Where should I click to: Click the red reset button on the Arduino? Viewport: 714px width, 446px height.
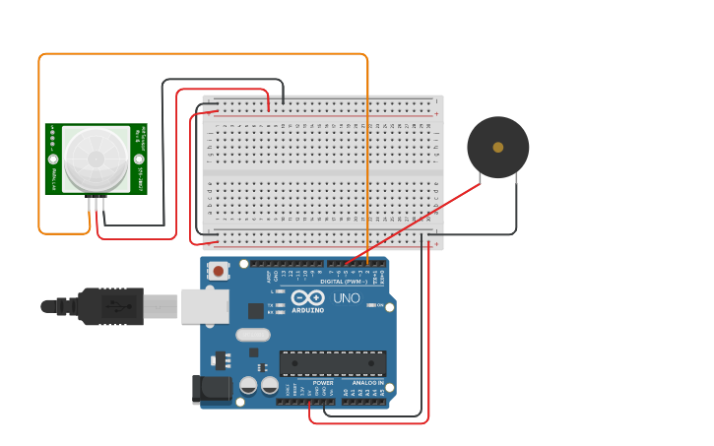point(218,269)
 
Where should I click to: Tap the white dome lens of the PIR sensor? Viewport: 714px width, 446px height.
point(97,159)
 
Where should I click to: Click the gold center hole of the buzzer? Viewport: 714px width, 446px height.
point(498,147)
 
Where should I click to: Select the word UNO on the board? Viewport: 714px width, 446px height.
point(347,298)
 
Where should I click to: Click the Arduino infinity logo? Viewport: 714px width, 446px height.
point(307,297)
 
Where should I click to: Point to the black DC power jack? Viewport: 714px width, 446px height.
point(212,388)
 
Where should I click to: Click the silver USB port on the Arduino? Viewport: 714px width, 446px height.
point(204,306)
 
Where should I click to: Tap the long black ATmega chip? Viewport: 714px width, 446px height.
point(332,363)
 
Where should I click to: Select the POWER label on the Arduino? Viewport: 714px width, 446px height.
point(309,383)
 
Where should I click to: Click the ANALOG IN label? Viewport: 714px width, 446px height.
point(367,383)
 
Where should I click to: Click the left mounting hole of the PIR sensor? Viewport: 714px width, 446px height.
point(54,159)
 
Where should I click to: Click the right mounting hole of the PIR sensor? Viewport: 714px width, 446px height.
point(139,159)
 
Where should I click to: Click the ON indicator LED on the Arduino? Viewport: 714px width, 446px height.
point(371,305)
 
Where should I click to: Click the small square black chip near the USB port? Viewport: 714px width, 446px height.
point(256,311)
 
